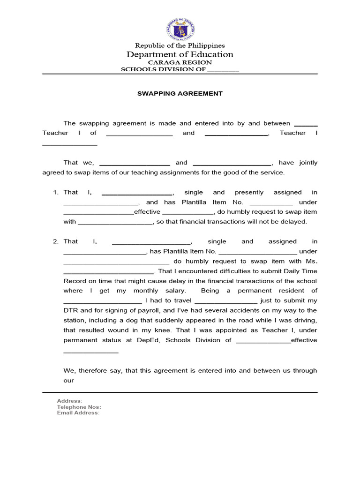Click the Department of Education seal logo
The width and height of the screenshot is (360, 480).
pos(180,30)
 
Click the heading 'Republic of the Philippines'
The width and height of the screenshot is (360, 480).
pos(180,45)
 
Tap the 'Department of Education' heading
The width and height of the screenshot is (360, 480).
pos(180,54)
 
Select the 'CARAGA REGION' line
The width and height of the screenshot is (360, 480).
pos(180,62)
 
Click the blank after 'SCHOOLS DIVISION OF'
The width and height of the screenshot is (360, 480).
pos(223,70)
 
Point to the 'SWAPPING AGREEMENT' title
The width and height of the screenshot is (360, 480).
pos(180,93)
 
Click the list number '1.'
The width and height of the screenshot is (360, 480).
pos(55,192)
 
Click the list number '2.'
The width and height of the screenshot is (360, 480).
pos(55,241)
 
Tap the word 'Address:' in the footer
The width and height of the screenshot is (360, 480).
pos(69,401)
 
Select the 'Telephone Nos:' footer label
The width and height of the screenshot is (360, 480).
pos(79,407)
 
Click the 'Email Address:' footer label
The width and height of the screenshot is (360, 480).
pos(78,413)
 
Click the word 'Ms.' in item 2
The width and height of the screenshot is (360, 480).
pos(312,261)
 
